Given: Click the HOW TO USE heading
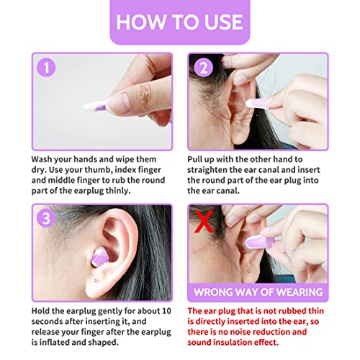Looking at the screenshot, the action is click(x=180, y=22).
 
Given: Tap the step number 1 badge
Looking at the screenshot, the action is click(x=46, y=68).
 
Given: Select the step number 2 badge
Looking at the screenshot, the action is click(x=204, y=68).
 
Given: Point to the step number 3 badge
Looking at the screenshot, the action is click(x=46, y=218).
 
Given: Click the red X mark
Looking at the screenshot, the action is click(x=204, y=222).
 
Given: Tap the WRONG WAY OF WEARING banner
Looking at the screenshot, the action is click(x=258, y=292).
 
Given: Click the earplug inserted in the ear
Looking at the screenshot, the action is click(x=100, y=258).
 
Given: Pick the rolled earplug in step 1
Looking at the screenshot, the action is click(x=96, y=106).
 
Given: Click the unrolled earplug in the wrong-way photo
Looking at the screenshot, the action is click(x=261, y=241).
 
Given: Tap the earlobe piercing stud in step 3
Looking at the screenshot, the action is click(x=96, y=280).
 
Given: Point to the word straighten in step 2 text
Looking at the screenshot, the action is click(x=207, y=170).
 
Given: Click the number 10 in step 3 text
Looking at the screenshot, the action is click(x=166, y=311).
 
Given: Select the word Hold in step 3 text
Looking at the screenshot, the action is click(x=40, y=311).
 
